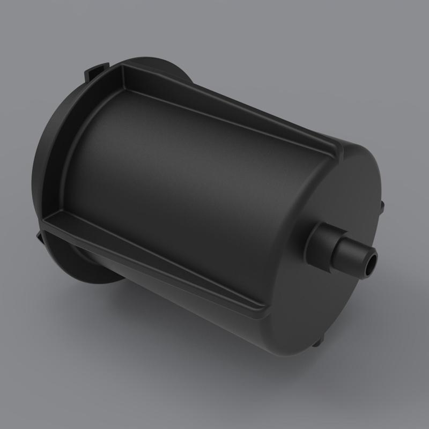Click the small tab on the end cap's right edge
tap(381, 205)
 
